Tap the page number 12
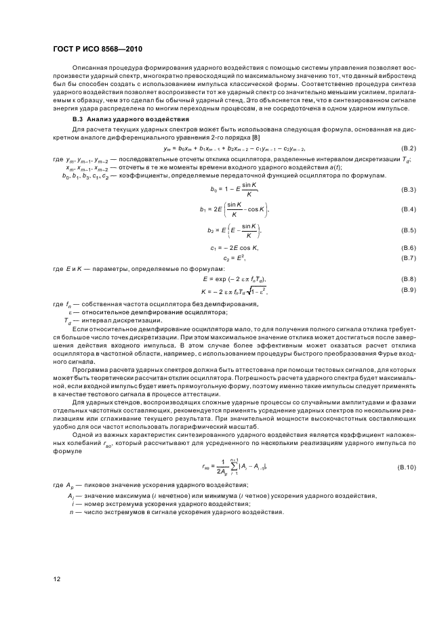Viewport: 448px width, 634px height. point(58,578)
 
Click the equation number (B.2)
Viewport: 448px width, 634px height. point(407,148)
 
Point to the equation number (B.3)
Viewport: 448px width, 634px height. point(407,189)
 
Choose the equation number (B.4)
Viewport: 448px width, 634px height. point(407,209)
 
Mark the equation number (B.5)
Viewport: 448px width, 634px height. point(407,231)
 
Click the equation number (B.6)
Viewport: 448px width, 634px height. point(407,249)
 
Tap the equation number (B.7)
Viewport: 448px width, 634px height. point(407,258)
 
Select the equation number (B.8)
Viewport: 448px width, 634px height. point(407,279)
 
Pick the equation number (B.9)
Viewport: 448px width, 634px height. point(407,290)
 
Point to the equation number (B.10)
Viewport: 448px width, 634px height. point(405,468)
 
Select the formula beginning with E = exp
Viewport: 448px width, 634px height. point(235,279)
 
